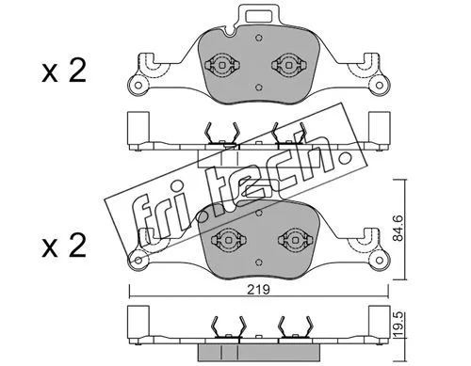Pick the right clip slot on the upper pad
point(287,66)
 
